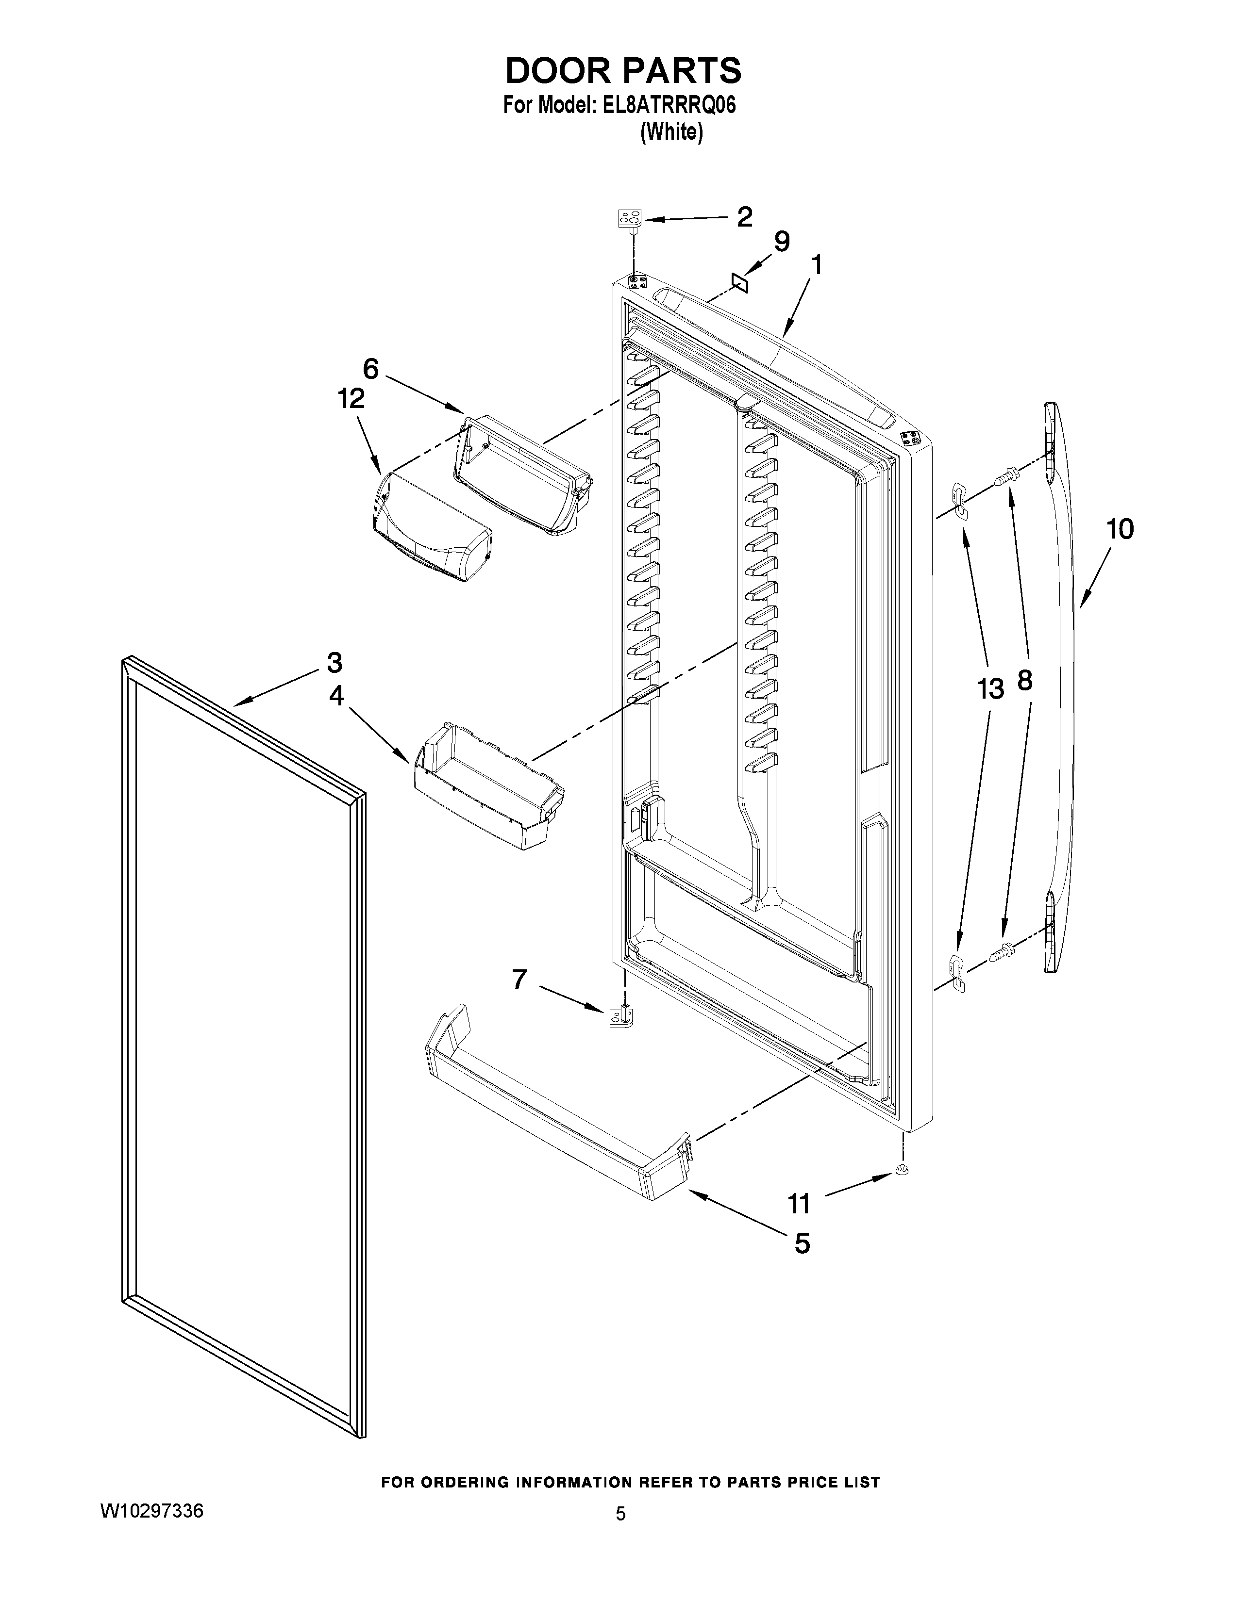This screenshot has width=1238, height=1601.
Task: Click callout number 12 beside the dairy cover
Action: (351, 399)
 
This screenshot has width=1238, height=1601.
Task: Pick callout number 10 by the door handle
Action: (1119, 529)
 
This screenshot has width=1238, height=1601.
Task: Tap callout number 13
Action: (989, 688)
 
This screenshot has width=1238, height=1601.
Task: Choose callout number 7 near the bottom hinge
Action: (519, 980)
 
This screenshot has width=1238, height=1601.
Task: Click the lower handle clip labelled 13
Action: (957, 972)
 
